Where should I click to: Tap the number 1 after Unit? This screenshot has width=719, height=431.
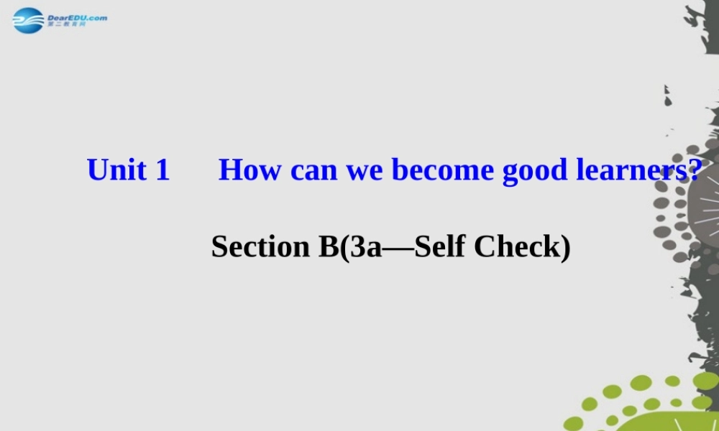pyautogui.click(x=162, y=170)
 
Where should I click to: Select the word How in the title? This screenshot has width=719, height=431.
pyautogui.click(x=250, y=170)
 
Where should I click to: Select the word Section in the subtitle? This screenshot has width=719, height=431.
pyautogui.click(x=260, y=246)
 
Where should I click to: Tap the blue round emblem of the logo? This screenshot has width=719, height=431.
pyautogui.click(x=29, y=20)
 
